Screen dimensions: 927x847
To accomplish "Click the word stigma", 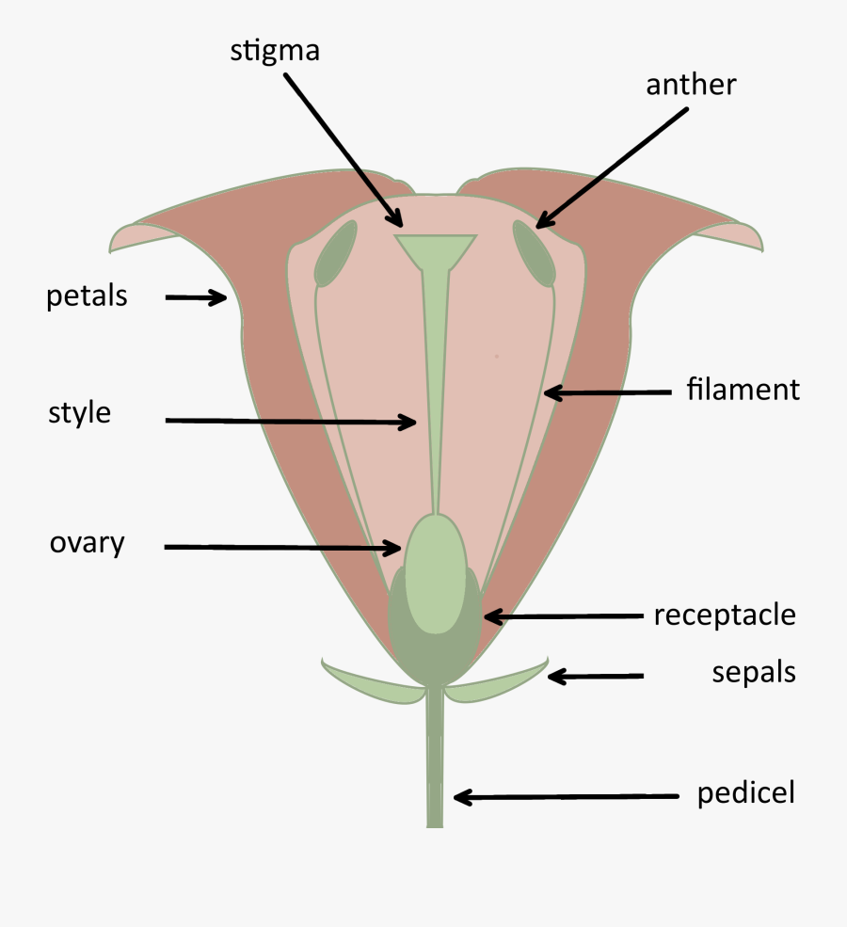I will [x=275, y=50].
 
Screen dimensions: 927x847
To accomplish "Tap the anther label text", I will [x=690, y=85].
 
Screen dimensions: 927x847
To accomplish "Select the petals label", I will [x=87, y=296].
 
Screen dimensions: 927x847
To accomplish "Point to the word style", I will [x=80, y=412].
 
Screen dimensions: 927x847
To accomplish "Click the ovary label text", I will [x=88, y=543].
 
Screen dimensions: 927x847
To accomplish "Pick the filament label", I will [x=743, y=389].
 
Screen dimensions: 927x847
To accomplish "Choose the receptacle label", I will [x=725, y=615].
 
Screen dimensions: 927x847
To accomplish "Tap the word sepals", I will [x=754, y=673].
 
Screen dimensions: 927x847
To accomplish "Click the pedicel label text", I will [x=746, y=793].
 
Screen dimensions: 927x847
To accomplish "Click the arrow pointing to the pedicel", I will [x=565, y=797].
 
